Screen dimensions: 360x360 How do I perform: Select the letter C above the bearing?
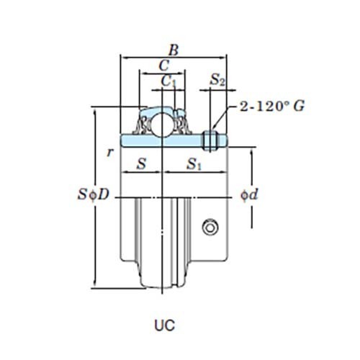click(164, 66)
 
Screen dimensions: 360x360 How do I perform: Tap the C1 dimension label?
click(168, 81)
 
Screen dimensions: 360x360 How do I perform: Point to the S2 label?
click(218, 81)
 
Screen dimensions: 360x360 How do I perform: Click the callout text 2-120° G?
click(271, 106)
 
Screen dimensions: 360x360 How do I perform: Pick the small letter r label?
click(109, 152)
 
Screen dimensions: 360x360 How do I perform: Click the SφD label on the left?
click(93, 195)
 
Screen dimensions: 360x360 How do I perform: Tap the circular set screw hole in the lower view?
click(210, 228)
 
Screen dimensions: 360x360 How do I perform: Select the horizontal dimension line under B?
click(174, 58)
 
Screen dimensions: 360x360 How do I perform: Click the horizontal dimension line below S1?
click(195, 174)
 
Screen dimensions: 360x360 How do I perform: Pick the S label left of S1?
click(141, 164)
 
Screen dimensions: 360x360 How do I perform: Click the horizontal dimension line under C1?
click(168, 89)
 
